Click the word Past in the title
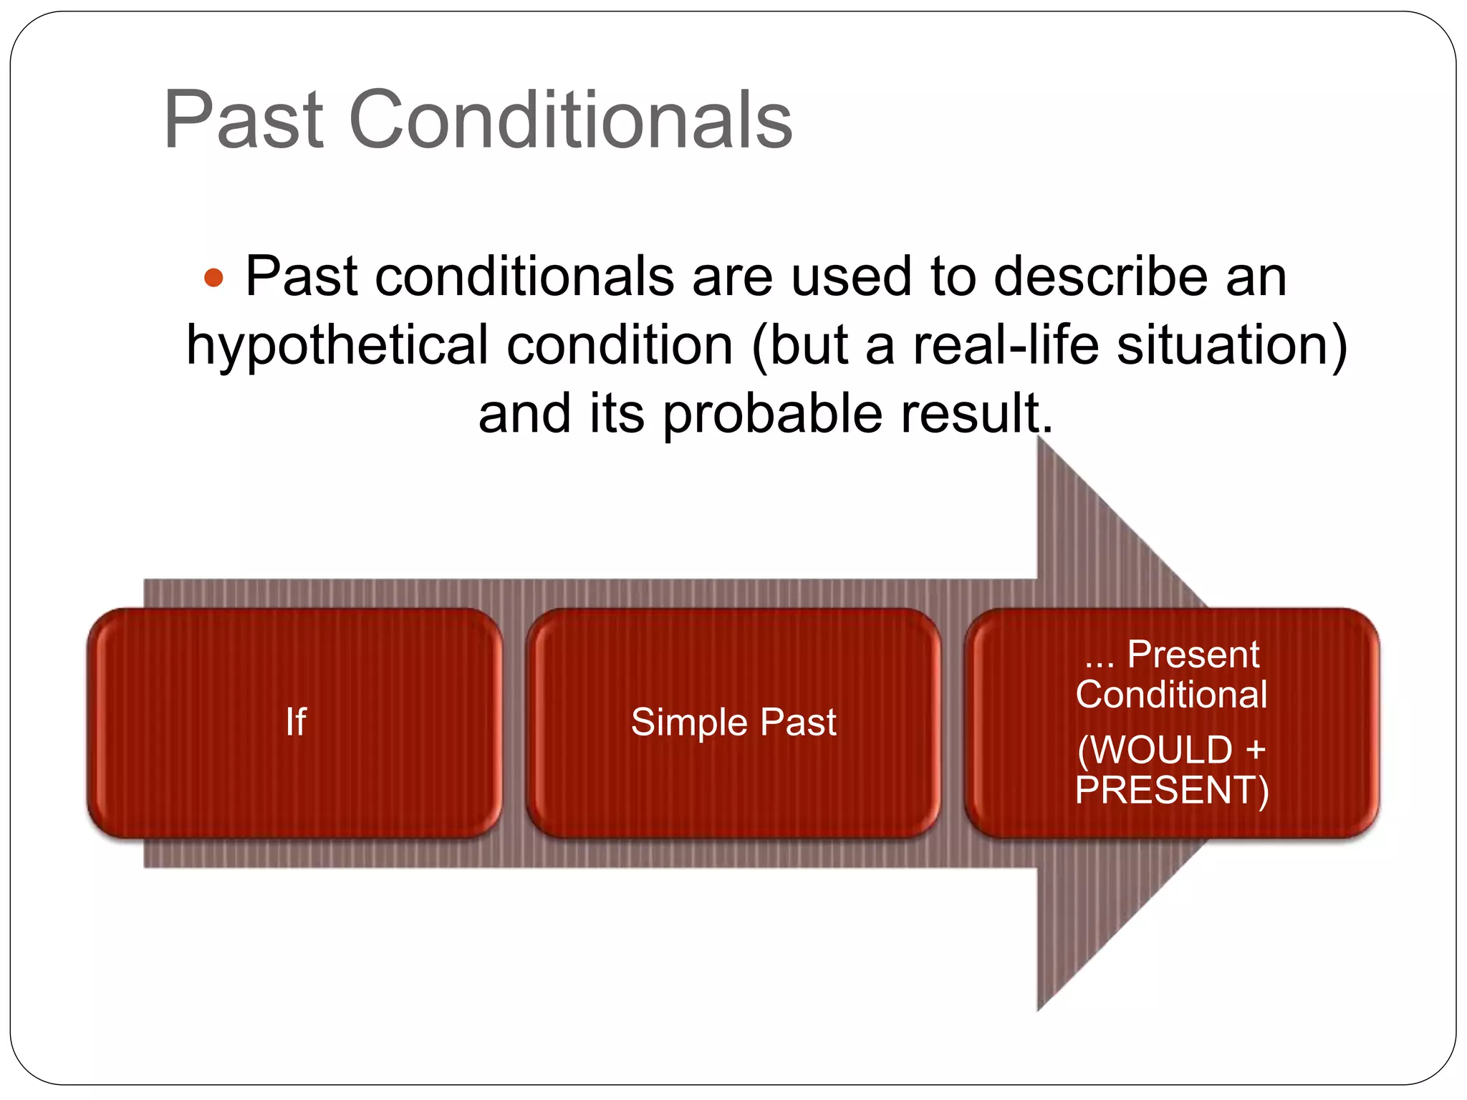pyautogui.click(x=244, y=120)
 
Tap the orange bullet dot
pyautogui.click(x=213, y=277)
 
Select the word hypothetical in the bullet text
pyautogui.click(x=337, y=346)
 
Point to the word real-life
pyautogui.click(x=1006, y=344)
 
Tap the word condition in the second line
pyautogui.click(x=620, y=344)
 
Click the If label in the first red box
pyautogui.click(x=295, y=721)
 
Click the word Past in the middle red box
pyautogui.click(x=798, y=722)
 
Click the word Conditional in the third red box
pyautogui.click(x=1171, y=694)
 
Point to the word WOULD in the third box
pyautogui.click(x=1163, y=750)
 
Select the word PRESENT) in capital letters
pyautogui.click(x=1172, y=790)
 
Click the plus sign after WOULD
pyautogui.click(x=1255, y=751)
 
